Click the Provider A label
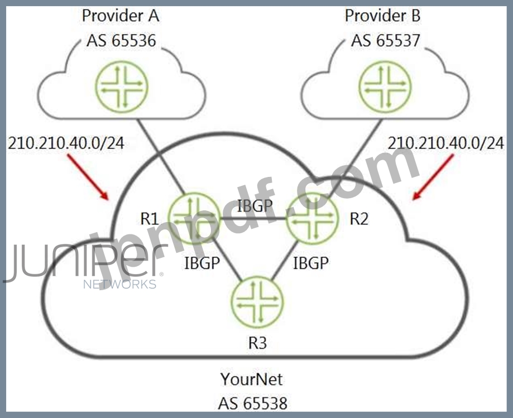coord(120,15)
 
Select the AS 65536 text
coord(120,41)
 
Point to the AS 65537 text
coord(385,41)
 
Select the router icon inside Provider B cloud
coord(383,87)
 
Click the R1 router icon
coord(193,218)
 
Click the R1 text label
coord(150,218)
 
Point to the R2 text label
coord(359,218)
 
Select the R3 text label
coord(257,342)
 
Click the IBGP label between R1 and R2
coord(255,205)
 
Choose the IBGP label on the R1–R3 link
coord(202,263)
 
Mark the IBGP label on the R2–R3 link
coord(310,263)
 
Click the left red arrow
coord(88,177)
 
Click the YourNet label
coord(251,379)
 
